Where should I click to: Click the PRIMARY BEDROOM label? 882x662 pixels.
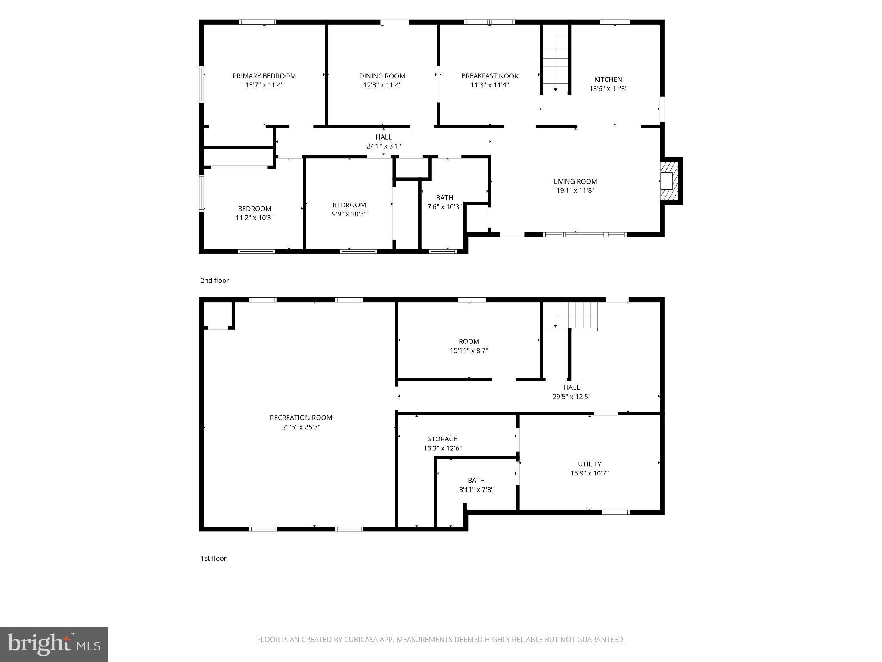pos(264,76)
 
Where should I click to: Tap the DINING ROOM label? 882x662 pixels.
pos(382,76)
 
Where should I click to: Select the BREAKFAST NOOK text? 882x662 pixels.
pos(490,76)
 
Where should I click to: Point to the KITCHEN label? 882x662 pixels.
pos(608,79)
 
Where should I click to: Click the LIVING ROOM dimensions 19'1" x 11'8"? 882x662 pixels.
pos(575,190)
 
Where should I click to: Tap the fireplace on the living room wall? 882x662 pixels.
pos(670,181)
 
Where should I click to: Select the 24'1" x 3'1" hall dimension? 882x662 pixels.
pos(383,146)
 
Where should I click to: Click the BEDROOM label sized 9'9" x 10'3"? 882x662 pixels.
pos(349,205)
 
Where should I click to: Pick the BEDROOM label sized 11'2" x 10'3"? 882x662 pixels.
pos(255,209)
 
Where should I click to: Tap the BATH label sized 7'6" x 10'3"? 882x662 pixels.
pos(444,198)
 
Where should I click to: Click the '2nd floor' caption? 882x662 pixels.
pos(214,281)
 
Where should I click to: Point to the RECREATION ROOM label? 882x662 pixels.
pos(301,418)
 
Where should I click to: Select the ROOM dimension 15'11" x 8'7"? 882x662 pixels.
pos(469,351)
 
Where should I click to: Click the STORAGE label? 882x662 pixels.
pos(443,439)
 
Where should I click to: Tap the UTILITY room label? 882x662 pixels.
pos(590,464)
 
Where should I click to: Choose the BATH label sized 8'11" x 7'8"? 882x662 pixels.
pos(476,480)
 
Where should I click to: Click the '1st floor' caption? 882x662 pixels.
pos(214,558)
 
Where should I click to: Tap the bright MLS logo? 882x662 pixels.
pos(54,644)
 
